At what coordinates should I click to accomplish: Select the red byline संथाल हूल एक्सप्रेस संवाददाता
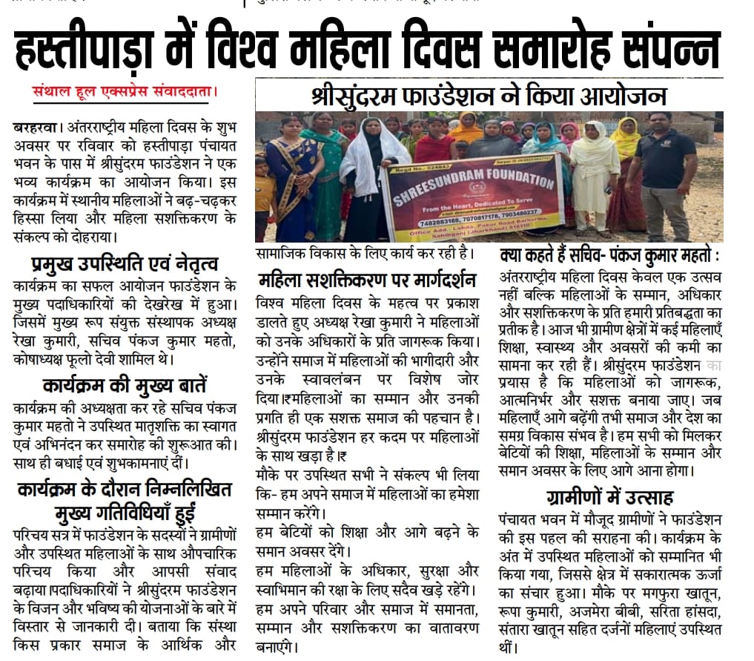point(125,93)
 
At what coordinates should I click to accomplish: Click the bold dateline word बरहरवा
point(37,128)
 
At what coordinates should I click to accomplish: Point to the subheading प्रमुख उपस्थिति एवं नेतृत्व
point(125,263)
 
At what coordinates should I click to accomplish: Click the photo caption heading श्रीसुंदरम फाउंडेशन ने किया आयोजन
point(489,96)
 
